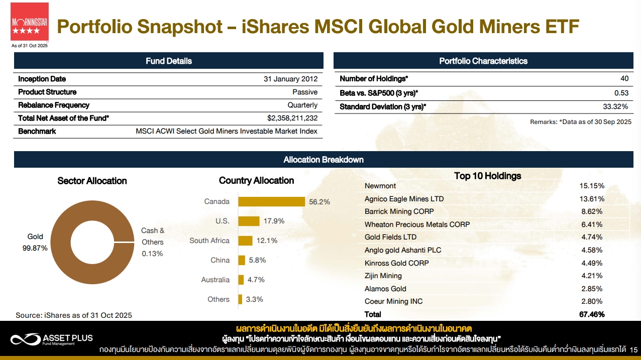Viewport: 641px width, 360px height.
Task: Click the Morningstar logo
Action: (30, 22)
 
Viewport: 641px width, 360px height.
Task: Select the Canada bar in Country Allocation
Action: (271, 201)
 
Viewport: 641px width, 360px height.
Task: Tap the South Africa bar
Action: (245, 241)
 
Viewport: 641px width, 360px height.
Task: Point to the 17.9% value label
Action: (274, 221)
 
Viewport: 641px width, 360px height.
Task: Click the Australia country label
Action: (215, 280)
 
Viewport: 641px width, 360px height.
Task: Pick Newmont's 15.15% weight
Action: (591, 186)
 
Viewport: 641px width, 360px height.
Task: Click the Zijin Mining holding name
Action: (383, 276)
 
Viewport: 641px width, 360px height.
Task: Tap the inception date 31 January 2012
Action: (290, 79)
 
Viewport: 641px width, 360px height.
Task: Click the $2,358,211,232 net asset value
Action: (292, 118)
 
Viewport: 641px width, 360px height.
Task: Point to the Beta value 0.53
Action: (621, 93)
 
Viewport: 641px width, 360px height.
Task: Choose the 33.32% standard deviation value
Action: (615, 106)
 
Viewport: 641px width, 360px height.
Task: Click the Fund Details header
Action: (169, 61)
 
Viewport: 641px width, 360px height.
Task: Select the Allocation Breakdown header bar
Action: (324, 160)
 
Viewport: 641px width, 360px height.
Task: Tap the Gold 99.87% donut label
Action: (35, 242)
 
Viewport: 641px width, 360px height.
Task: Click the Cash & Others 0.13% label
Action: (153, 242)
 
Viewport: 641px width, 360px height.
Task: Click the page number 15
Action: (633, 349)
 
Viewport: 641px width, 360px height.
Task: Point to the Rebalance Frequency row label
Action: (54, 105)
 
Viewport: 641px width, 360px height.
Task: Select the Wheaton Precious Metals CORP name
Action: (417, 224)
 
